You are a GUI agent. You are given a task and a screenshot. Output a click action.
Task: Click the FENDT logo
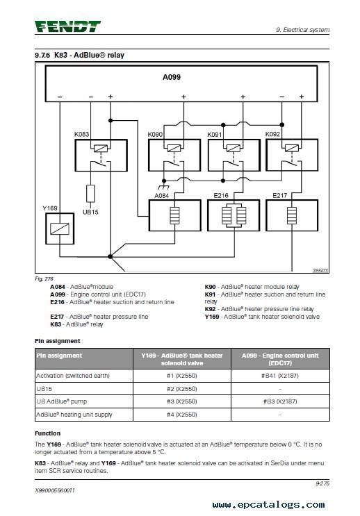[x=67, y=26]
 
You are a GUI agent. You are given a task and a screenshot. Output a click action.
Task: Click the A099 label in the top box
[x=172, y=77]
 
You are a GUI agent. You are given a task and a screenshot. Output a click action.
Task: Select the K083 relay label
[x=82, y=134]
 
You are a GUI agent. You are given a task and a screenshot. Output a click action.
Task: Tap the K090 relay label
[x=155, y=134]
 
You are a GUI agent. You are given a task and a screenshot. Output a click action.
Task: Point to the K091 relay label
[x=215, y=134]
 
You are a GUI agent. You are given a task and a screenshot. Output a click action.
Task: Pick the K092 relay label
[x=272, y=134]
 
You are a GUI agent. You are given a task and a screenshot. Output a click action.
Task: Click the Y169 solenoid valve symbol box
[x=60, y=228]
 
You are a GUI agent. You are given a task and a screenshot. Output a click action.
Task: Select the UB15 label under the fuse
[x=90, y=213]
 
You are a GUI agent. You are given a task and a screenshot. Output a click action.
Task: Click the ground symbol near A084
[x=164, y=187]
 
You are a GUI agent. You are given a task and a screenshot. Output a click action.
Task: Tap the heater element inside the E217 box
[x=292, y=215]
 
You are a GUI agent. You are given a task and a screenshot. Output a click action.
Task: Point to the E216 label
[x=221, y=195]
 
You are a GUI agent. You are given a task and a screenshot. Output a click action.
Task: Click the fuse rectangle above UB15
[x=90, y=194]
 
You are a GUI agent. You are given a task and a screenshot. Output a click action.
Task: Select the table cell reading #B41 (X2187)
[x=280, y=376]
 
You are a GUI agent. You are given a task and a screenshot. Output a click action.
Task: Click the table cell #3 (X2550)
[x=182, y=401]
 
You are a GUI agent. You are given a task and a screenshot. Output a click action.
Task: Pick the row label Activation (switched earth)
[x=73, y=376]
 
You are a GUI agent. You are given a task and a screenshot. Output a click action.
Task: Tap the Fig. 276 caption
[x=44, y=278]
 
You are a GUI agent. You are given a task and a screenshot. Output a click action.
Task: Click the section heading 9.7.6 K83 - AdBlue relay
[x=79, y=55]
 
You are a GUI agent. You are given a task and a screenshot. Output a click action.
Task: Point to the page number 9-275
[x=322, y=483]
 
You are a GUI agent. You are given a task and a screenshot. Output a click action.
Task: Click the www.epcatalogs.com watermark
[x=268, y=504]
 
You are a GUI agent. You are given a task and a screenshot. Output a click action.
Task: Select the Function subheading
[x=48, y=433]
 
